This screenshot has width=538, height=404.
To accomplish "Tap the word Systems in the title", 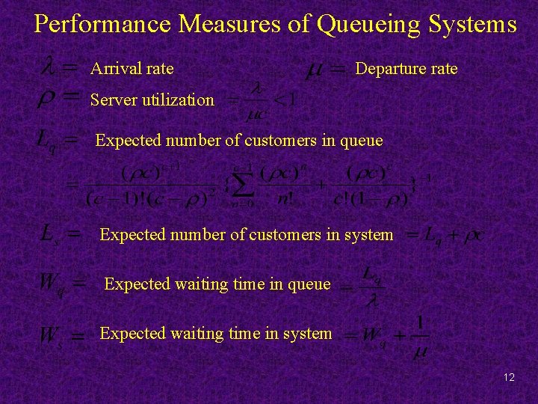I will click(472, 25).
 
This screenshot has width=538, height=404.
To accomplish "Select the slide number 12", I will click(509, 377).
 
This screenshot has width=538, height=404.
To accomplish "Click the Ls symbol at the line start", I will click(49, 234).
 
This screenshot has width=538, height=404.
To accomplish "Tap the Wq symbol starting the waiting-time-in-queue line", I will click(49, 284).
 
